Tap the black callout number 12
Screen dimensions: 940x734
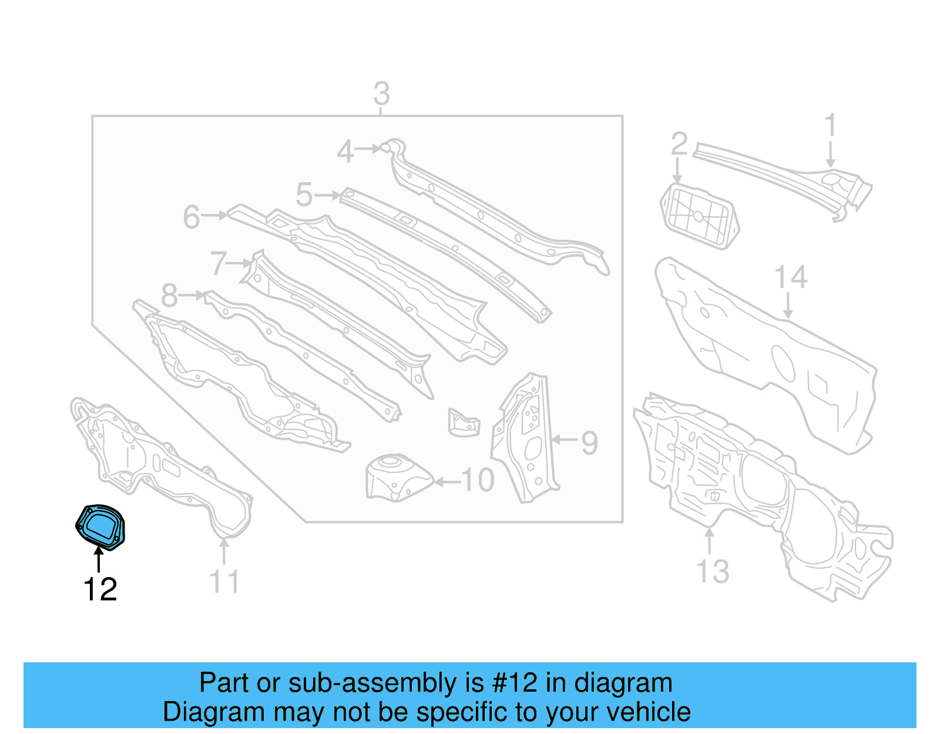[100, 589]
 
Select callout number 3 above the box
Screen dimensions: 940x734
[381, 93]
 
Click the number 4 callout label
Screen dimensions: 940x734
[345, 152]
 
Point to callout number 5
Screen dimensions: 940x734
[304, 195]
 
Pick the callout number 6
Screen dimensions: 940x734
[192, 217]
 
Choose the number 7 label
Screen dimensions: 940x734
[219, 263]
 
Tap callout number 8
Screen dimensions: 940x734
[169, 296]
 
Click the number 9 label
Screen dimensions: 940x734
[589, 443]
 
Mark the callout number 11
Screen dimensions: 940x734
[224, 582]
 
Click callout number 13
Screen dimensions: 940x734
[713, 571]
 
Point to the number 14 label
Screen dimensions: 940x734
[791, 277]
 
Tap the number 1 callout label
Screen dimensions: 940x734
[830, 126]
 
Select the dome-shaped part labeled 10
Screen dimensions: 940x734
[397, 477]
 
